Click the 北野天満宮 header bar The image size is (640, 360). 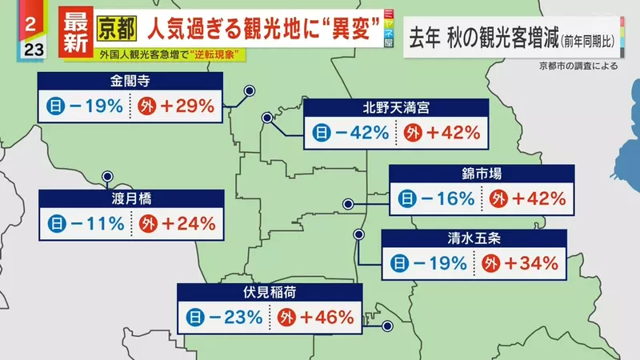(x=395, y=107)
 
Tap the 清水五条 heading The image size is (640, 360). (x=474, y=238)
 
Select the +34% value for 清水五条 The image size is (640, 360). (x=527, y=262)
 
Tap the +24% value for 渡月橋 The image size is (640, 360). (x=185, y=224)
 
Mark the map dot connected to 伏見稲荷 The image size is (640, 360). (x=388, y=326)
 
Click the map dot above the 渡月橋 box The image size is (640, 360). (x=106, y=176)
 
